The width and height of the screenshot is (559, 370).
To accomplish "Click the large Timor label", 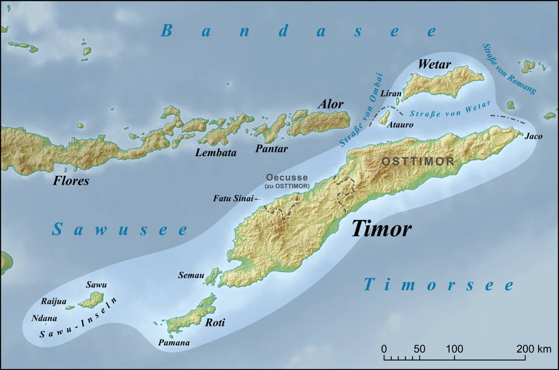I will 381,229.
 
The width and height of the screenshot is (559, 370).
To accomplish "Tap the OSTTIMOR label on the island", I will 417,161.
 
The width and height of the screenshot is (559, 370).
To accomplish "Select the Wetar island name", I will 434,64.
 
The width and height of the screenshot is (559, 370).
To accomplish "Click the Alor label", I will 331,104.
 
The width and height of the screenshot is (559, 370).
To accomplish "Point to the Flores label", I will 70,182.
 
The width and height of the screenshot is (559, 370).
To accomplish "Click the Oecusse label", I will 287,177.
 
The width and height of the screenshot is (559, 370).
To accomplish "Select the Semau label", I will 191,275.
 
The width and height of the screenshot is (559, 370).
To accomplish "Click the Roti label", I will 214,323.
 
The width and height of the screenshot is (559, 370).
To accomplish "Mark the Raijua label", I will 53,301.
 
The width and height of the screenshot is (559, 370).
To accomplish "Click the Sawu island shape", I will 93,300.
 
